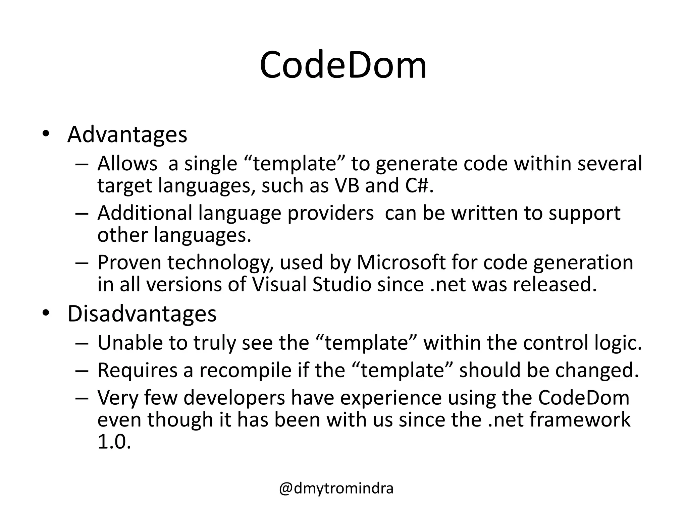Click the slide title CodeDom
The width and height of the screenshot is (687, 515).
click(x=343, y=65)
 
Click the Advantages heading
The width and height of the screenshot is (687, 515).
click(x=127, y=134)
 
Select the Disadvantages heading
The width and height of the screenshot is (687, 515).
click(x=142, y=314)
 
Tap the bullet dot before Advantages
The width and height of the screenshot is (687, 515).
click(x=46, y=134)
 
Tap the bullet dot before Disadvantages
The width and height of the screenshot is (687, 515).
click(x=46, y=313)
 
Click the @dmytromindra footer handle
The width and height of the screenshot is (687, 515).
click(x=336, y=488)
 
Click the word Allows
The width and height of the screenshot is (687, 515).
click(x=127, y=164)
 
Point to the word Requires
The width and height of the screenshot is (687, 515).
click(x=137, y=370)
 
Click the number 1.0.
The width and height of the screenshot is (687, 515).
click(x=114, y=442)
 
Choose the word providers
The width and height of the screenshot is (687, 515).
click(x=330, y=213)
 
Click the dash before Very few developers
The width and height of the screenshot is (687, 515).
click(x=82, y=398)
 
